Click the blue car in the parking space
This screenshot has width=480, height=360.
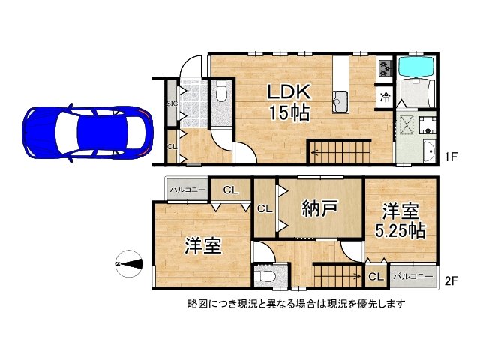[87, 128]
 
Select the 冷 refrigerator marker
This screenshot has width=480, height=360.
[384, 97]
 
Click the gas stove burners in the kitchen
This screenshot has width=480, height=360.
[385, 67]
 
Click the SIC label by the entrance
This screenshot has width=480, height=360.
[171, 103]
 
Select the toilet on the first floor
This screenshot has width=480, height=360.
[221, 93]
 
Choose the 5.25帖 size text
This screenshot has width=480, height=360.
[400, 231]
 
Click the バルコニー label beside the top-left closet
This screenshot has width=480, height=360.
[187, 190]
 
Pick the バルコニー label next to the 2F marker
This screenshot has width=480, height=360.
[412, 277]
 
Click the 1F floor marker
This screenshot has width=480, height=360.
[450, 157]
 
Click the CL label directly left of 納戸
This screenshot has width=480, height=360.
[265, 208]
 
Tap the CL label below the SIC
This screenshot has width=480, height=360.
[172, 147]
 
